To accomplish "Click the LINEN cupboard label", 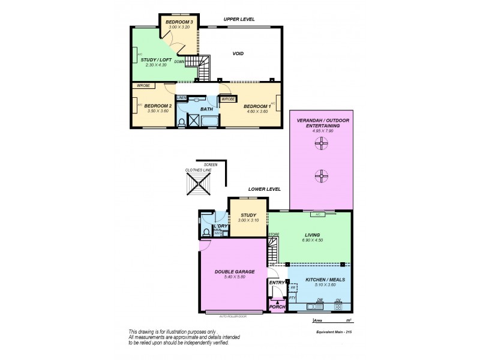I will (182, 98).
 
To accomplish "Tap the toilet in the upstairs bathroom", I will (182, 122).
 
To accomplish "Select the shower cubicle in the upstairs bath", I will (195, 121).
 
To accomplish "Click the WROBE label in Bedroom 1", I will (228, 99).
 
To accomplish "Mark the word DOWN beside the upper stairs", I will (179, 61).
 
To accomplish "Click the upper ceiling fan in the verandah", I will (322, 143).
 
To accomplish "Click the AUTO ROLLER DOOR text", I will (234, 316).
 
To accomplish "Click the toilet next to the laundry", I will (206, 231).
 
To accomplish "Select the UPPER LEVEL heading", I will (239, 19).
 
